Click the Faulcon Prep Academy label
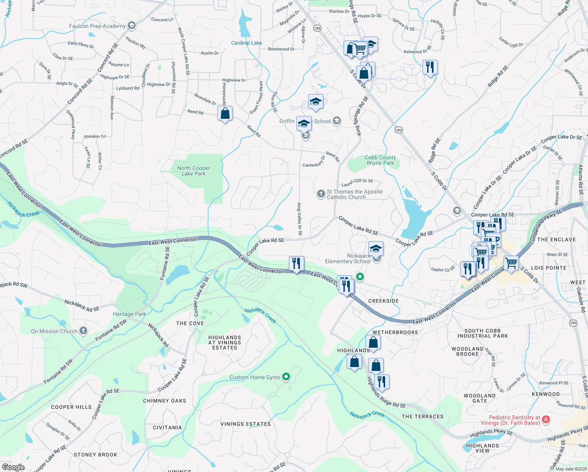97,26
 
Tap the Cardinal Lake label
246,43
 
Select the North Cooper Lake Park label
193,171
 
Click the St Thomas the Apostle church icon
321,194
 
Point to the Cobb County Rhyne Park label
380,160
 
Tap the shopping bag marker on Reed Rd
225,114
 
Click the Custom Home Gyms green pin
286,377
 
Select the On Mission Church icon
83,331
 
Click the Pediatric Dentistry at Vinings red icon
546,420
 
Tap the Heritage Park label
129,314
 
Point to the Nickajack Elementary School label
347,258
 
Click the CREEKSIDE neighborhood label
383,301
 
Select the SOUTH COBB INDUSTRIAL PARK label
483,334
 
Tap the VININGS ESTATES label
245,424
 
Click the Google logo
13,467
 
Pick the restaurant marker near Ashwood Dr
430,67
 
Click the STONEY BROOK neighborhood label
96,455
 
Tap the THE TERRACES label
422,417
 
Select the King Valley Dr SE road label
300,219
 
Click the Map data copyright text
570,469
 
